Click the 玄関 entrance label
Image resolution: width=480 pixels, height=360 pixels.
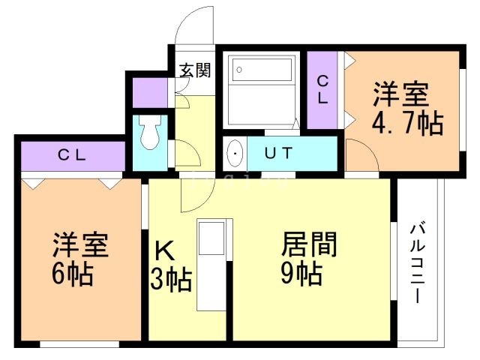[x=194, y=70]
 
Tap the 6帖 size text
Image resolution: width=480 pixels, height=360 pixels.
[x=73, y=274]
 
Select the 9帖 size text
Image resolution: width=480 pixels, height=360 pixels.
[x=301, y=274]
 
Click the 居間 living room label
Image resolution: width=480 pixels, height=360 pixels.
[x=308, y=244]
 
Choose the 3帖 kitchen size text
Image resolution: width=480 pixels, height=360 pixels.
[x=171, y=281]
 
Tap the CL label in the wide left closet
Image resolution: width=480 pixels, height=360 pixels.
[x=73, y=156]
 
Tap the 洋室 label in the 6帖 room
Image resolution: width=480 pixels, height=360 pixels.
[x=79, y=245]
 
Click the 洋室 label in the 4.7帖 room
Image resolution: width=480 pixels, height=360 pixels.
[x=402, y=96]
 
